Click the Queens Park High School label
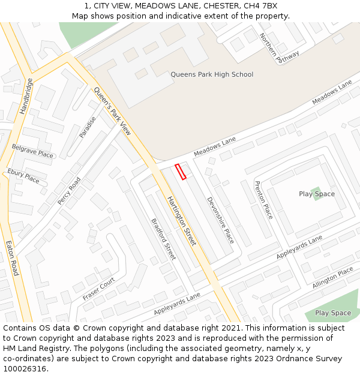[x=212, y=74]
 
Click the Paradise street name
[x=88, y=127]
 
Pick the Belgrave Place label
[x=32, y=151]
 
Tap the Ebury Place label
[x=23, y=176]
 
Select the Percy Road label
[x=69, y=191]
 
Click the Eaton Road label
[x=12, y=259]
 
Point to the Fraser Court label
[x=99, y=289]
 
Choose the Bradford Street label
[x=163, y=238]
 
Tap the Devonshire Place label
[x=220, y=220]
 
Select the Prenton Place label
[x=263, y=200]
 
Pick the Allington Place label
[x=333, y=278]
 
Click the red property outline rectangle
[x=181, y=172]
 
